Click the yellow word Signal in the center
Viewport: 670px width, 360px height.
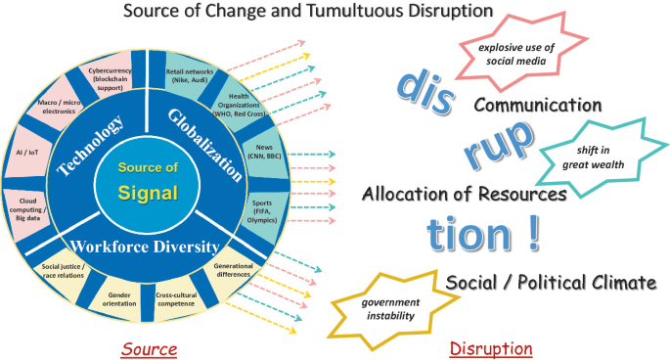pos(148,192)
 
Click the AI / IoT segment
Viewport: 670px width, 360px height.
pos(31,154)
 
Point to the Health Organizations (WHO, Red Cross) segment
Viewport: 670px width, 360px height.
pos(238,104)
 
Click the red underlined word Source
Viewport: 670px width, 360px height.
pos(149,348)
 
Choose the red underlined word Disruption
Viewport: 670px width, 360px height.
pos(491,348)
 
